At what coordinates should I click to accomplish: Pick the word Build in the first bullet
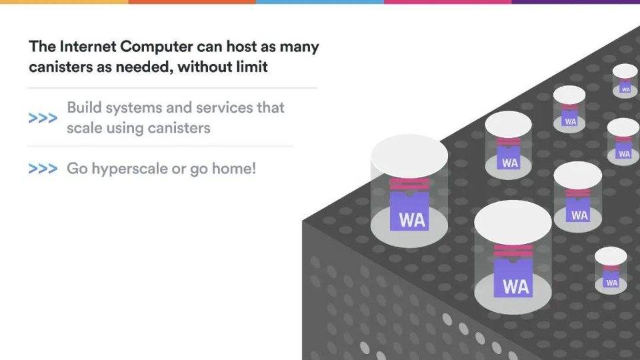click(83, 108)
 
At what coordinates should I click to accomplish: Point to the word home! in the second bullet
click(233, 169)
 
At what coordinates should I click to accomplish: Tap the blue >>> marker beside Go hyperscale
click(42, 169)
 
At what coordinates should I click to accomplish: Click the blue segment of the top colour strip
click(320, 2)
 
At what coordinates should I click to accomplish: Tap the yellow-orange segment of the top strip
click(64, 2)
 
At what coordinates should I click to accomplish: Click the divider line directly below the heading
click(172, 88)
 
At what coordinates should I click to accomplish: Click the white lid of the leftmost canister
click(409, 155)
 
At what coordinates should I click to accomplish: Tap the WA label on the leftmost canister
click(412, 219)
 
